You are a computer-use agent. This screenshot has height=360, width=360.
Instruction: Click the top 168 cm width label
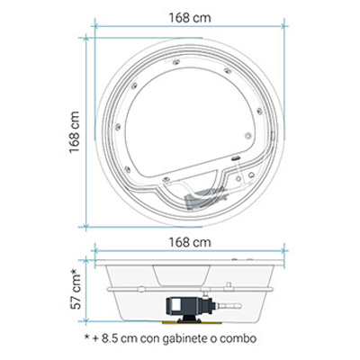coord(190,18)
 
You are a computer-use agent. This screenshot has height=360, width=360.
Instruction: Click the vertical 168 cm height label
coord(75,132)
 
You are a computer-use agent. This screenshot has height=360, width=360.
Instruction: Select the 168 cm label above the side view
coord(190,242)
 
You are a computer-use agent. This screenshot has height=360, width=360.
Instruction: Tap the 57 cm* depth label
coord(76,289)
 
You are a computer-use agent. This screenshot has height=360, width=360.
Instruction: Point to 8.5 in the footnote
coord(110,338)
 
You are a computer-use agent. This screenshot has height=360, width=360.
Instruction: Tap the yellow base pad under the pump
coord(192,323)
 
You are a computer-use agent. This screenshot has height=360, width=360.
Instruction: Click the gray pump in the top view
coord(204,197)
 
